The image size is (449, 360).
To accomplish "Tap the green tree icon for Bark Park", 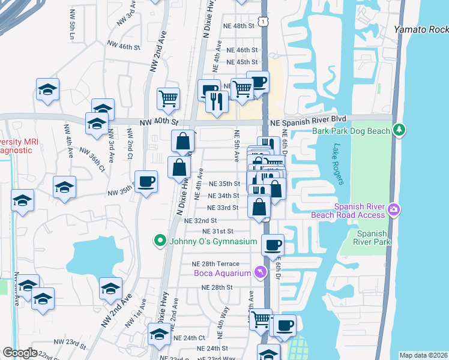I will (x=399, y=130).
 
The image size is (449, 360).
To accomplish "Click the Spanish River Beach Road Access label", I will (x=348, y=209).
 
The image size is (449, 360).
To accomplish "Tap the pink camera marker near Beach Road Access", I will (x=394, y=209).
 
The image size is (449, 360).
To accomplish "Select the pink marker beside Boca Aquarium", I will (x=259, y=273).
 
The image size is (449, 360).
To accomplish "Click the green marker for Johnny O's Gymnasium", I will (x=160, y=242).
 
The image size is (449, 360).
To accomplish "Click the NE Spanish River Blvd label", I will (x=309, y=122).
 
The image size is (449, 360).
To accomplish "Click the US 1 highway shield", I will (x=264, y=22).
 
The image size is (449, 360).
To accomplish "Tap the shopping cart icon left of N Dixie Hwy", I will (x=169, y=98).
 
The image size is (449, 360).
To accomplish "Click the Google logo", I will (x=20, y=353).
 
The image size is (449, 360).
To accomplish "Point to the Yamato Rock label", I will (x=421, y=29).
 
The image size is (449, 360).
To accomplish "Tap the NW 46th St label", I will (x=123, y=46).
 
